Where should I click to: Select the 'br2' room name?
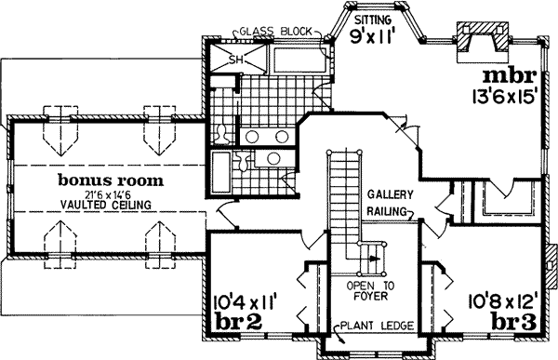tap(236, 321)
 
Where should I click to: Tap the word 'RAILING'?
tap(384, 212)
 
